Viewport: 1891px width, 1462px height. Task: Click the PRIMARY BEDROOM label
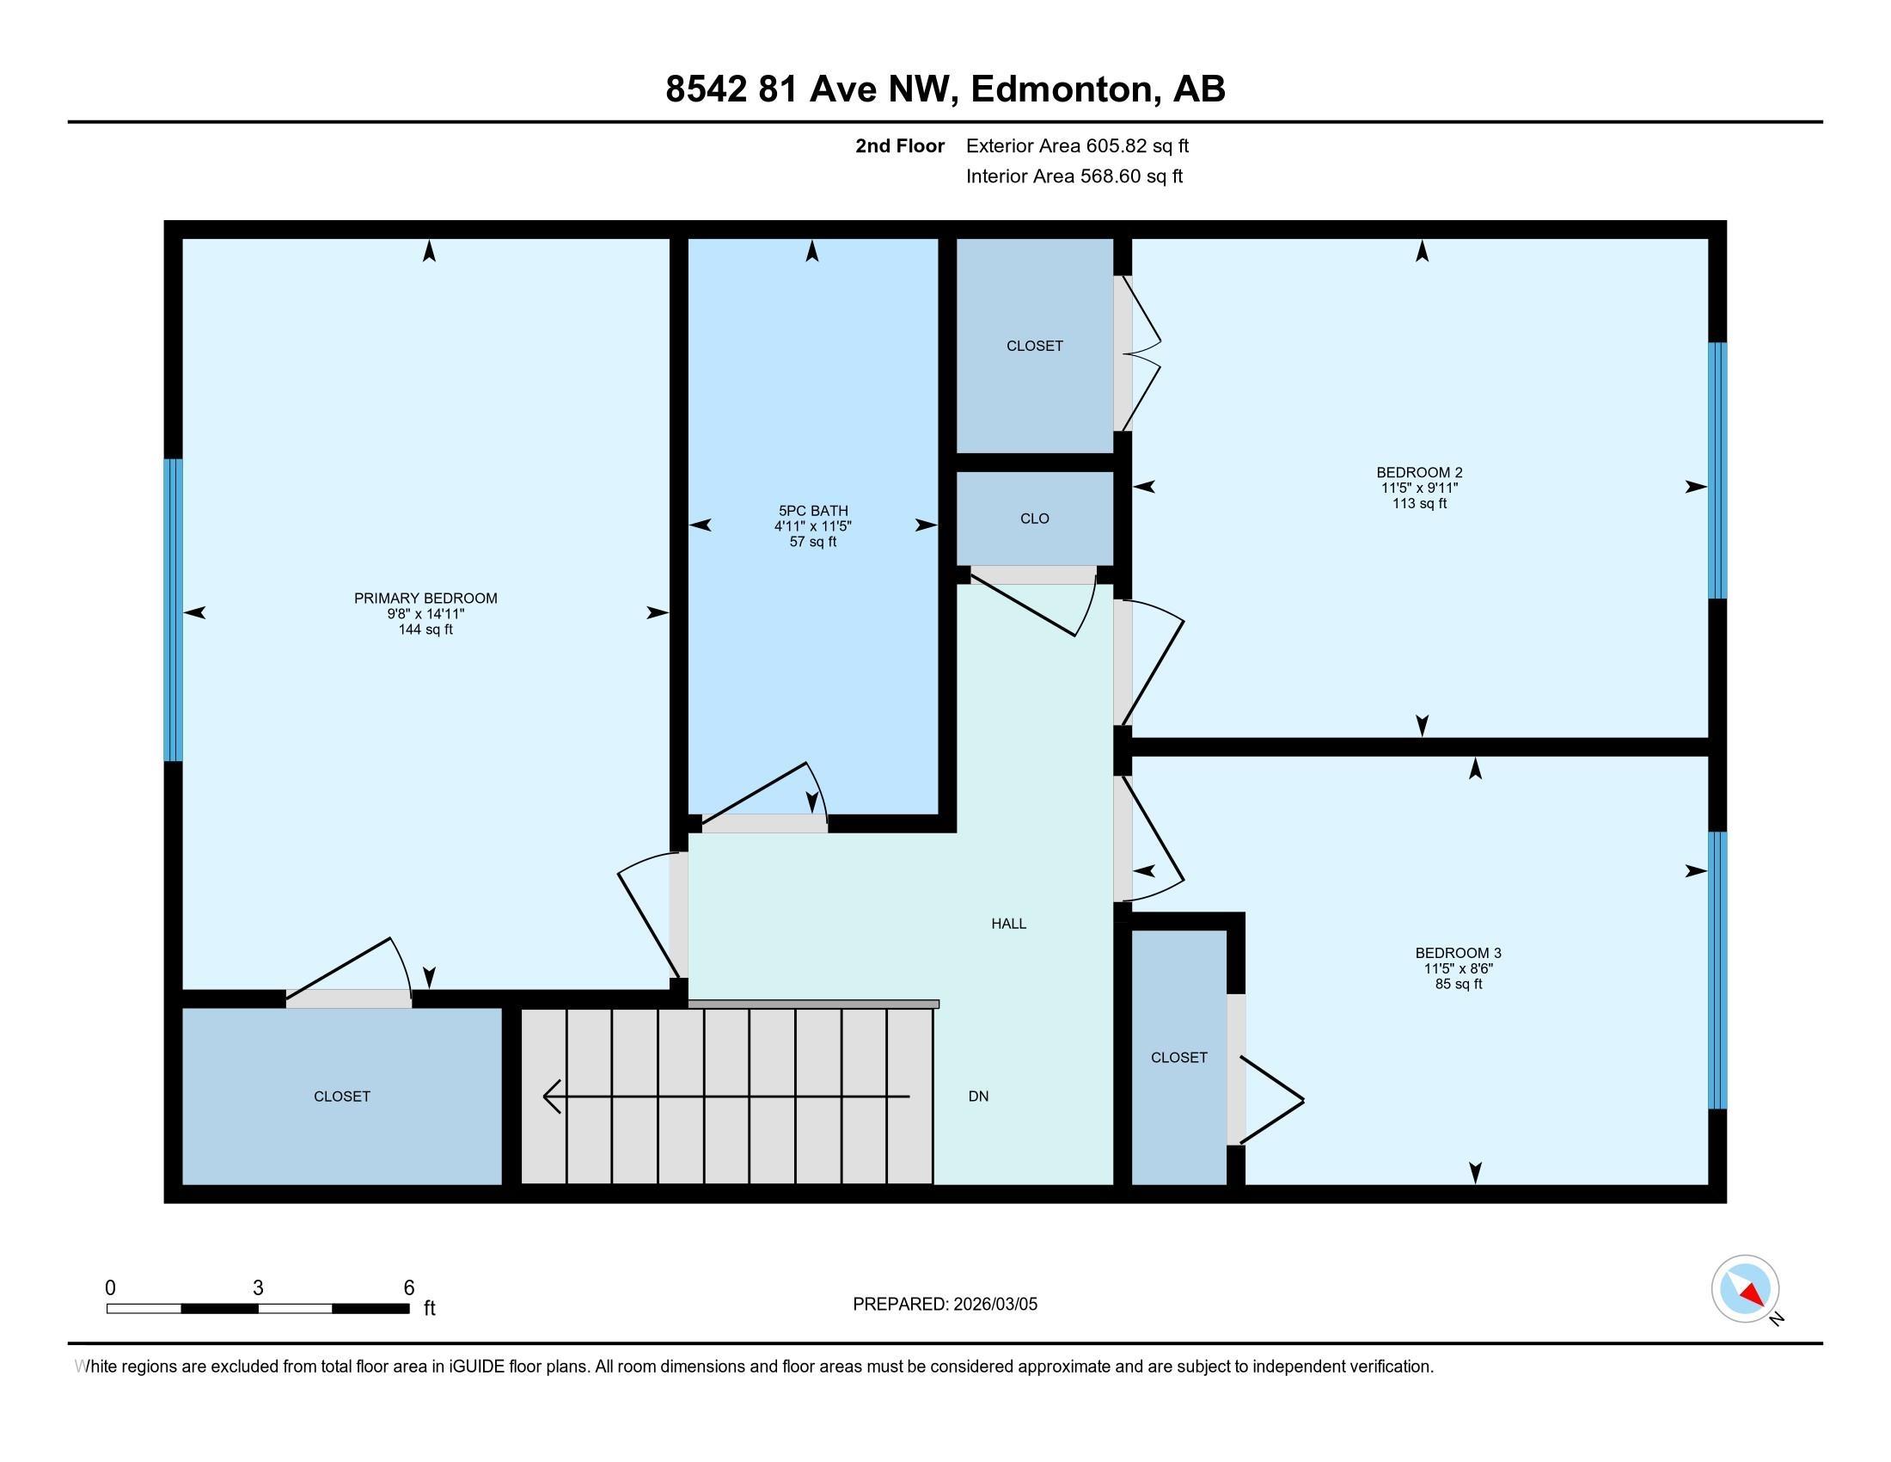coord(425,598)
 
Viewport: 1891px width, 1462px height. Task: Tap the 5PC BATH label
coord(813,511)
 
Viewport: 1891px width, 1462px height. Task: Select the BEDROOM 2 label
coord(1419,472)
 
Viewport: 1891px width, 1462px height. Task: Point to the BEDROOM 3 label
coord(1458,953)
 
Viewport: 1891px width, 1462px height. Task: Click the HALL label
coord(1009,924)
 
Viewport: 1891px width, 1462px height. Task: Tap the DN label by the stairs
coord(978,1096)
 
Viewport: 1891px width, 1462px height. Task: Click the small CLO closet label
coord(1035,518)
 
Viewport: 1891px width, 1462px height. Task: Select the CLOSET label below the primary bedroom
coord(342,1096)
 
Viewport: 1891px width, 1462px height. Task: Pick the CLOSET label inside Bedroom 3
coord(1178,1057)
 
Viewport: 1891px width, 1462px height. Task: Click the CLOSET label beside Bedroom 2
coord(1035,346)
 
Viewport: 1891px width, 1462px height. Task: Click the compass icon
coord(1746,1288)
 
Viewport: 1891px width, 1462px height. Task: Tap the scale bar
coord(258,1308)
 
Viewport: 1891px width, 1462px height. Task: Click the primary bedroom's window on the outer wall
coord(173,610)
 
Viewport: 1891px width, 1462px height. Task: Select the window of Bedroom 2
coord(1718,470)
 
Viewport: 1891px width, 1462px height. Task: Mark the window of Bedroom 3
coord(1718,970)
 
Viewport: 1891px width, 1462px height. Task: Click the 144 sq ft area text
coord(425,630)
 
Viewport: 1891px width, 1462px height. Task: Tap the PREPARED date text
coord(945,1304)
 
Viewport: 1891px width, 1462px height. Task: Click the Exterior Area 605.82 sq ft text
coord(1077,145)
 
